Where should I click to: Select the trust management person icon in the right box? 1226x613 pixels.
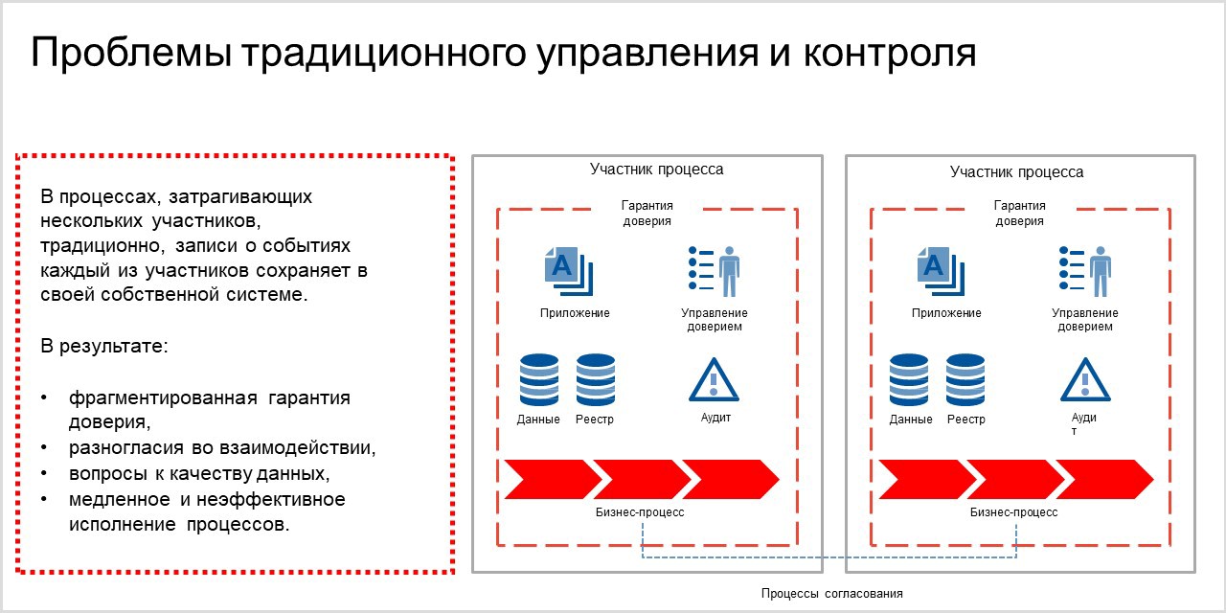(1084, 270)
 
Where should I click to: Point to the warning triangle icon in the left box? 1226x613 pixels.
(714, 380)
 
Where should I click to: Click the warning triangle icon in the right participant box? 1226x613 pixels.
(1085, 380)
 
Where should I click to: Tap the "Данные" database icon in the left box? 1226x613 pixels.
(538, 380)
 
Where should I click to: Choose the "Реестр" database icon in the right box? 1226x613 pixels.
(965, 380)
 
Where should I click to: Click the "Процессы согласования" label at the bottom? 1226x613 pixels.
(831, 594)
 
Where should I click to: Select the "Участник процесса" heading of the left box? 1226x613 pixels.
(656, 170)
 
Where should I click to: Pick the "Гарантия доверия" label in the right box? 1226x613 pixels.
(1019, 213)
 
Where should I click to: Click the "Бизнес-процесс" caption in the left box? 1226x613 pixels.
(640, 512)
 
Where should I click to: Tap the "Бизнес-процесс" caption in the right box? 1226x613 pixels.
(1013, 512)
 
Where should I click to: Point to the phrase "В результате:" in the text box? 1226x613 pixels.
(104, 345)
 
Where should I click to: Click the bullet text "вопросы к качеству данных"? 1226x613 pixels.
(199, 474)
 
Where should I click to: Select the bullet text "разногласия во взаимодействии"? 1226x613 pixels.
(221, 448)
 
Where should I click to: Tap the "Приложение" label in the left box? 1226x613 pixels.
(575, 313)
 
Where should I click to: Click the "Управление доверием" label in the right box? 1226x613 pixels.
(1085, 320)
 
